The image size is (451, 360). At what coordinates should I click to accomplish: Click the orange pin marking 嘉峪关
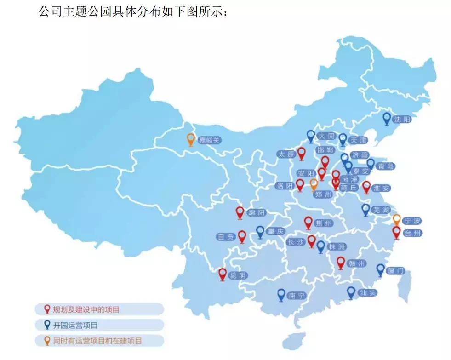190,139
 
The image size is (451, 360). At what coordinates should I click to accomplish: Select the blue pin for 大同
311,136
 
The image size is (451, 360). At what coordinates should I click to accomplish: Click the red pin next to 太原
301,153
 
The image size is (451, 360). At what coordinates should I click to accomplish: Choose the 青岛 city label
384,166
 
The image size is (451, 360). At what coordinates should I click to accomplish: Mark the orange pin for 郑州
314,184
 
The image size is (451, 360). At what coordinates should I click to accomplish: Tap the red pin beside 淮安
366,186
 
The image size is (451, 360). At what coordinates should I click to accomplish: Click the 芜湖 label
380,210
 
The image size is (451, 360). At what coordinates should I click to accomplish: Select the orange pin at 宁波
396,219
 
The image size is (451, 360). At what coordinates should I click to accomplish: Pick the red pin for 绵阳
240,212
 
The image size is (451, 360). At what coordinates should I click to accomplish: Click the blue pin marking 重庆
260,231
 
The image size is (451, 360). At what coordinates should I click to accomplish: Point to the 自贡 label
226,237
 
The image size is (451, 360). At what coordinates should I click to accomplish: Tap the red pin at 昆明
223,274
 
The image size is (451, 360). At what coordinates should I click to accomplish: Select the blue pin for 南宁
281,294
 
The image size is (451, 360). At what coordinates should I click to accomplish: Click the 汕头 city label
367,292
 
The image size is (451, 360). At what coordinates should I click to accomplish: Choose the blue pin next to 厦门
380,269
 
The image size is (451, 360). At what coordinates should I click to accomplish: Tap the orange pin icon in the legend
46,341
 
